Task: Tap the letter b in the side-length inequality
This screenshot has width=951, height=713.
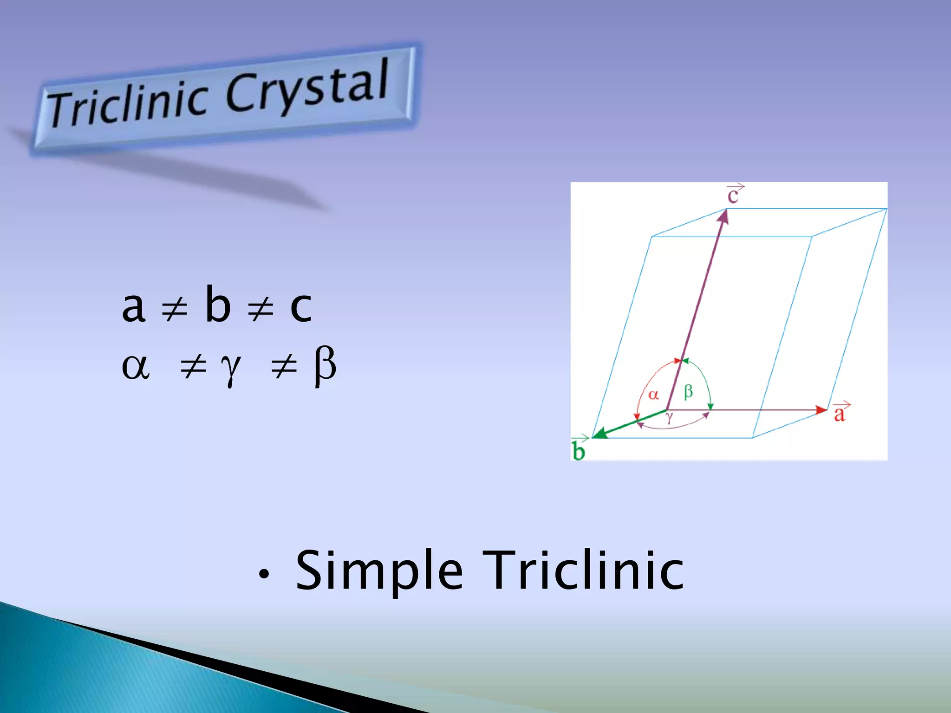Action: [218, 304]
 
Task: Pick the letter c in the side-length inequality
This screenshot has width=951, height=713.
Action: [301, 307]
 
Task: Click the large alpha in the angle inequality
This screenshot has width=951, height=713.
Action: [136, 367]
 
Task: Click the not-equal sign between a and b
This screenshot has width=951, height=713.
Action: [174, 308]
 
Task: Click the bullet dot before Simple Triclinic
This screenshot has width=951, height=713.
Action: [264, 575]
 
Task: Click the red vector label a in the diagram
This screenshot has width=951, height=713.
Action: [840, 413]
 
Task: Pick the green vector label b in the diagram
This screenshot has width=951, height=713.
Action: [579, 450]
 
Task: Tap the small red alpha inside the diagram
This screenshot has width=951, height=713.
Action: [653, 395]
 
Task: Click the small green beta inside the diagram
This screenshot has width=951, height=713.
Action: [689, 392]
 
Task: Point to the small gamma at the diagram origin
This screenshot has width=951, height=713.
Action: [669, 417]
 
